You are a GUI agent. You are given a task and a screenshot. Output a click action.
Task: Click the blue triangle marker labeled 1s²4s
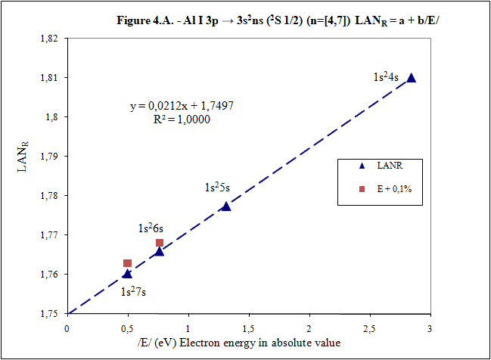(x=411, y=77)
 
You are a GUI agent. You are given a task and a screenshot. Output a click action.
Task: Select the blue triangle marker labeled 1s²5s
(x=225, y=206)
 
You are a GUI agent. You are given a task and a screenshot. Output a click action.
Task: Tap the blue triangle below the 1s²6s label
(x=159, y=251)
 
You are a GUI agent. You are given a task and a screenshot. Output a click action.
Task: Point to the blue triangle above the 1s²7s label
(x=127, y=274)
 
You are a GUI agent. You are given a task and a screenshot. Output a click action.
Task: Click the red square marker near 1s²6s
(x=160, y=243)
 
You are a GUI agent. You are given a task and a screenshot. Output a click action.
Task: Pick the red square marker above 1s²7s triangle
(x=127, y=263)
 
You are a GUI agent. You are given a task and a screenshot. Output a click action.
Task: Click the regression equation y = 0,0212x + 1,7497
(x=182, y=107)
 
